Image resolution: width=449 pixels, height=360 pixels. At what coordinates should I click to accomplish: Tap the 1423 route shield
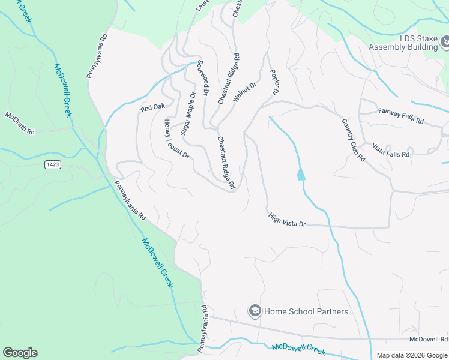52,164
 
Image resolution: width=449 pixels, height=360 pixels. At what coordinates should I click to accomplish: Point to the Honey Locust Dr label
177,139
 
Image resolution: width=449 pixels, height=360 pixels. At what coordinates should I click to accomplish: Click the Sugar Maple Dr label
188,113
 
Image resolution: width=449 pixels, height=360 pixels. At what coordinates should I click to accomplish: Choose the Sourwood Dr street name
203,82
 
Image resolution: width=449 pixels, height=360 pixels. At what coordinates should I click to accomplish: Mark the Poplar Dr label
275,82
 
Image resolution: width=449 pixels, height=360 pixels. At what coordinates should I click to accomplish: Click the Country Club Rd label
354,140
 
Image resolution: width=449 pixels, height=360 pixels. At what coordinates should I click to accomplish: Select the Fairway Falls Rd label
401,116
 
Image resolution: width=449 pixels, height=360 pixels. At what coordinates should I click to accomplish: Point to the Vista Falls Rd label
390,150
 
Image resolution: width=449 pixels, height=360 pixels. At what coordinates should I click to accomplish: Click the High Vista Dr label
287,220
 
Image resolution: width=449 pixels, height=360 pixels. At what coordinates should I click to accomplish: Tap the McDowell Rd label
429,339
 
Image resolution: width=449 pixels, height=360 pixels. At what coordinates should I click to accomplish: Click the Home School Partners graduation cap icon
255,311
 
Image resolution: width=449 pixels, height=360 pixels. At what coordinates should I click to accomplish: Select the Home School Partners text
306,311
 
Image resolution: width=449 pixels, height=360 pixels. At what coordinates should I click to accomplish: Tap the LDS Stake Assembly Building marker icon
445,41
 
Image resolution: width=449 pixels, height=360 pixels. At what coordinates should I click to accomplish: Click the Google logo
20,353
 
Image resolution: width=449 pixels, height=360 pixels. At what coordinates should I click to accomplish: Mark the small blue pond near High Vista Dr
300,175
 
